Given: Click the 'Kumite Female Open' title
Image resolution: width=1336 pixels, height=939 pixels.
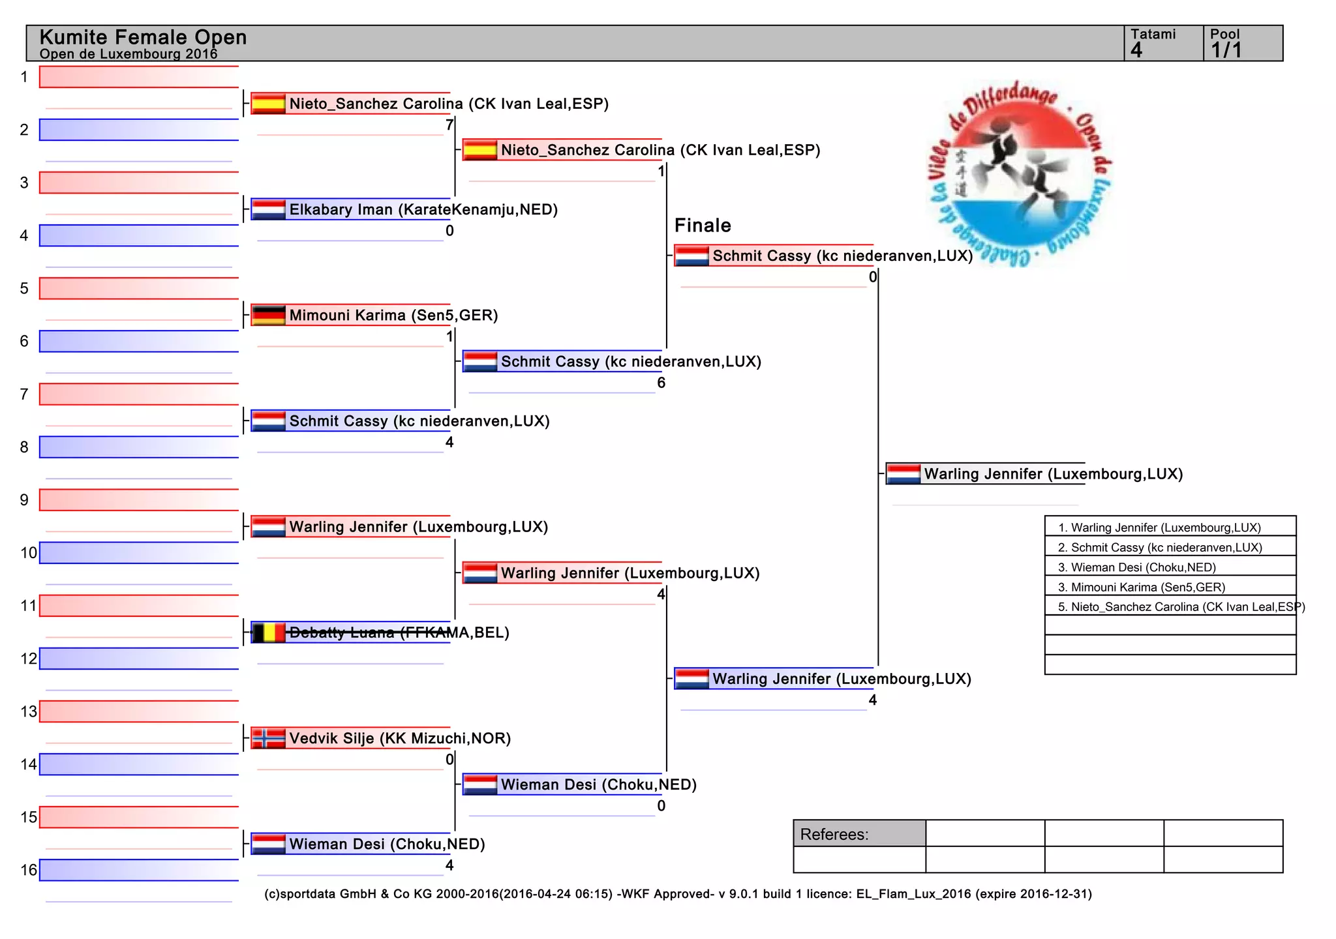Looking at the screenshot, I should [143, 37].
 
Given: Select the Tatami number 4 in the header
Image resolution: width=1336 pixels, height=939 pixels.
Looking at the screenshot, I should [1136, 50].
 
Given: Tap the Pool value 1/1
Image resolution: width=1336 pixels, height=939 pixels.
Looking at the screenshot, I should [1226, 50].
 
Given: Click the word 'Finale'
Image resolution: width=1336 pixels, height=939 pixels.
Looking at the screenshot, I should [703, 226].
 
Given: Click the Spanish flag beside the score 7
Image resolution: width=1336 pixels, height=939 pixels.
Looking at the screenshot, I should [268, 104].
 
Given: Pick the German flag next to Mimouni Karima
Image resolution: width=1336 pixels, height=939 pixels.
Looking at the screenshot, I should [268, 315].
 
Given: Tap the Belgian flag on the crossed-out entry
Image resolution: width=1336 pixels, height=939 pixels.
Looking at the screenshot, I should [268, 633].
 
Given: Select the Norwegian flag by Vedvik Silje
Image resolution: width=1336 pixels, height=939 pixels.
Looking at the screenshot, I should [268, 738].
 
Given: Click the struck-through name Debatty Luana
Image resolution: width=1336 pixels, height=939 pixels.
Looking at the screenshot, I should [342, 633].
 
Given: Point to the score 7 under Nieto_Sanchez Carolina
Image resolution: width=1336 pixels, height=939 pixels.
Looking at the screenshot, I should [449, 125].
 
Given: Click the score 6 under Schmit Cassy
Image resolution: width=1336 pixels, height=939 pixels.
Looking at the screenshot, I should [661, 383].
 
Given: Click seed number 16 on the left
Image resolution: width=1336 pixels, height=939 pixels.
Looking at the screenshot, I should [29, 870].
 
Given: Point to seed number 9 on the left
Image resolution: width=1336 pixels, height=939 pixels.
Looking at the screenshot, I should [24, 500].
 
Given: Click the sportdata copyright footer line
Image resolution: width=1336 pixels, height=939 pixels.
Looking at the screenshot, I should [678, 894].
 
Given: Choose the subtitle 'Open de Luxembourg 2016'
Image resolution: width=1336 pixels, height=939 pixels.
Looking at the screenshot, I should [129, 54].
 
